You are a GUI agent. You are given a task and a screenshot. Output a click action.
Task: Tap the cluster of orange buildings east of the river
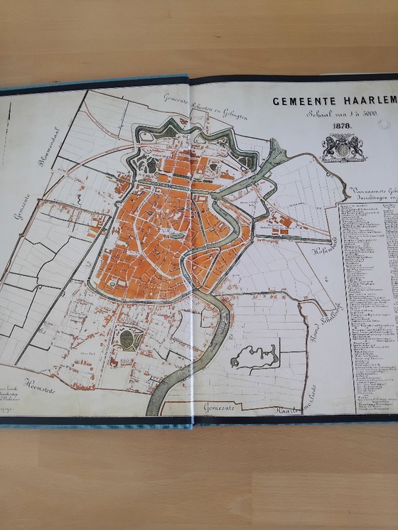[x=282, y=222]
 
